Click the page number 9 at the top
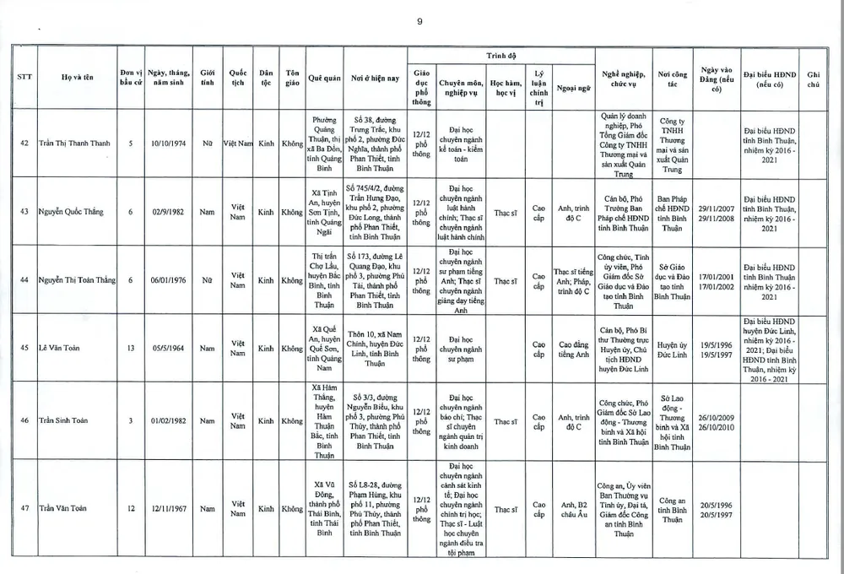point(419,22)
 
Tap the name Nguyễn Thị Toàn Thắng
point(77,279)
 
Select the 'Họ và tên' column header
point(78,79)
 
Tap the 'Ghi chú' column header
point(813,79)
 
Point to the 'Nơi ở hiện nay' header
point(369,79)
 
